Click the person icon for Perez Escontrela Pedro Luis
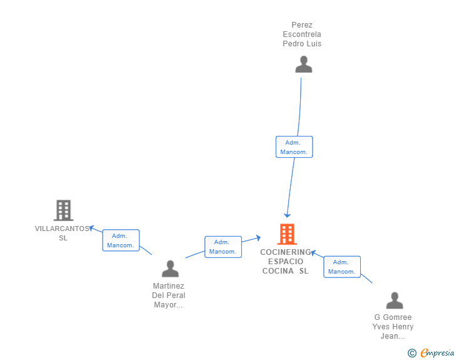(x=304, y=64)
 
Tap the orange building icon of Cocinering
(x=287, y=234)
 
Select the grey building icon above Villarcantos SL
(x=63, y=210)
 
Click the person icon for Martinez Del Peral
(x=170, y=269)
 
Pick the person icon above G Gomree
(x=394, y=301)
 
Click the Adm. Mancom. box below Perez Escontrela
(x=294, y=147)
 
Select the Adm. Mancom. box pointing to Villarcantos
(x=120, y=240)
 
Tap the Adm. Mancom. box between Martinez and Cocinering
(x=222, y=247)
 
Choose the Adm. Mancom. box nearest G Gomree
(x=341, y=267)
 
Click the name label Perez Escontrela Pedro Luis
(x=302, y=34)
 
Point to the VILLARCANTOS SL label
(x=63, y=233)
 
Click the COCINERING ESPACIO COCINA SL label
(x=286, y=261)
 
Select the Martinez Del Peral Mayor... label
(x=168, y=295)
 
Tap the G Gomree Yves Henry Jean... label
(x=393, y=326)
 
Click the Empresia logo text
(x=437, y=353)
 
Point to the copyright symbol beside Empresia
(x=412, y=353)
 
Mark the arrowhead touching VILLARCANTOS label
(x=91, y=228)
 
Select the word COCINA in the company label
(x=277, y=270)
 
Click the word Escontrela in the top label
(x=302, y=34)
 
